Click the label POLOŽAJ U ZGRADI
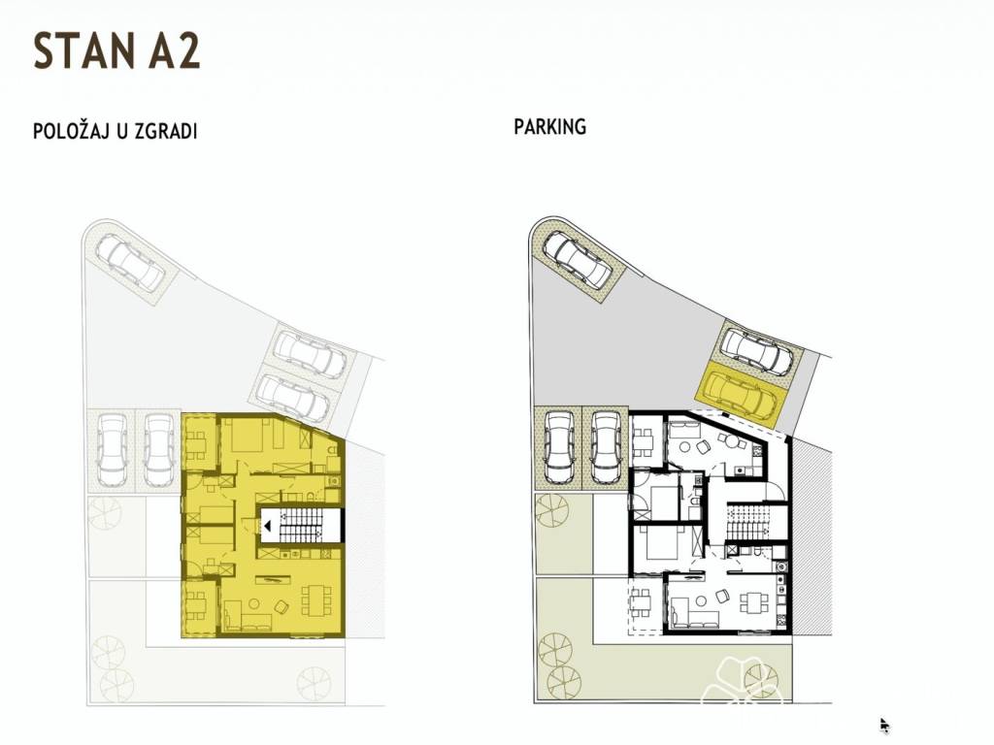pyautogui.click(x=116, y=131)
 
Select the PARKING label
pyautogui.click(x=549, y=127)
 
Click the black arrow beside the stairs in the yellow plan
pyautogui.click(x=268, y=525)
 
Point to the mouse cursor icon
pyautogui.click(x=885, y=726)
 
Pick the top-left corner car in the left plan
pyautogui.click(x=131, y=260)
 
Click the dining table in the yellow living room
pyautogui.click(x=315, y=598)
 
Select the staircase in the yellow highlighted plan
pyautogui.click(x=301, y=525)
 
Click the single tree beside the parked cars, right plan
pyautogui.click(x=552, y=509)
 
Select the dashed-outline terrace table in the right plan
pyautogui.click(x=641, y=601)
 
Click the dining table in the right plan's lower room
pyautogui.click(x=753, y=601)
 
